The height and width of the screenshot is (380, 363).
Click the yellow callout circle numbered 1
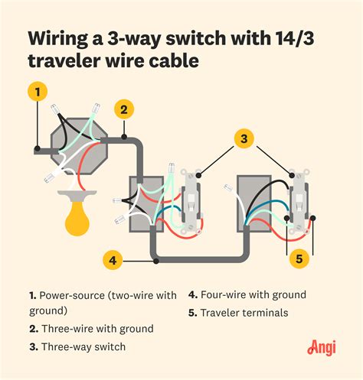click(34, 93)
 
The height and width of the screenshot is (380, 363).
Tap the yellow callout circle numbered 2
click(123, 110)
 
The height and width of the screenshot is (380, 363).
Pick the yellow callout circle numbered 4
click(112, 261)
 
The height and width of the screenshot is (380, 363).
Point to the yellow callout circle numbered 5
click(299, 259)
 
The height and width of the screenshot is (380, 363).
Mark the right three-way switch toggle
click(299, 203)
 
